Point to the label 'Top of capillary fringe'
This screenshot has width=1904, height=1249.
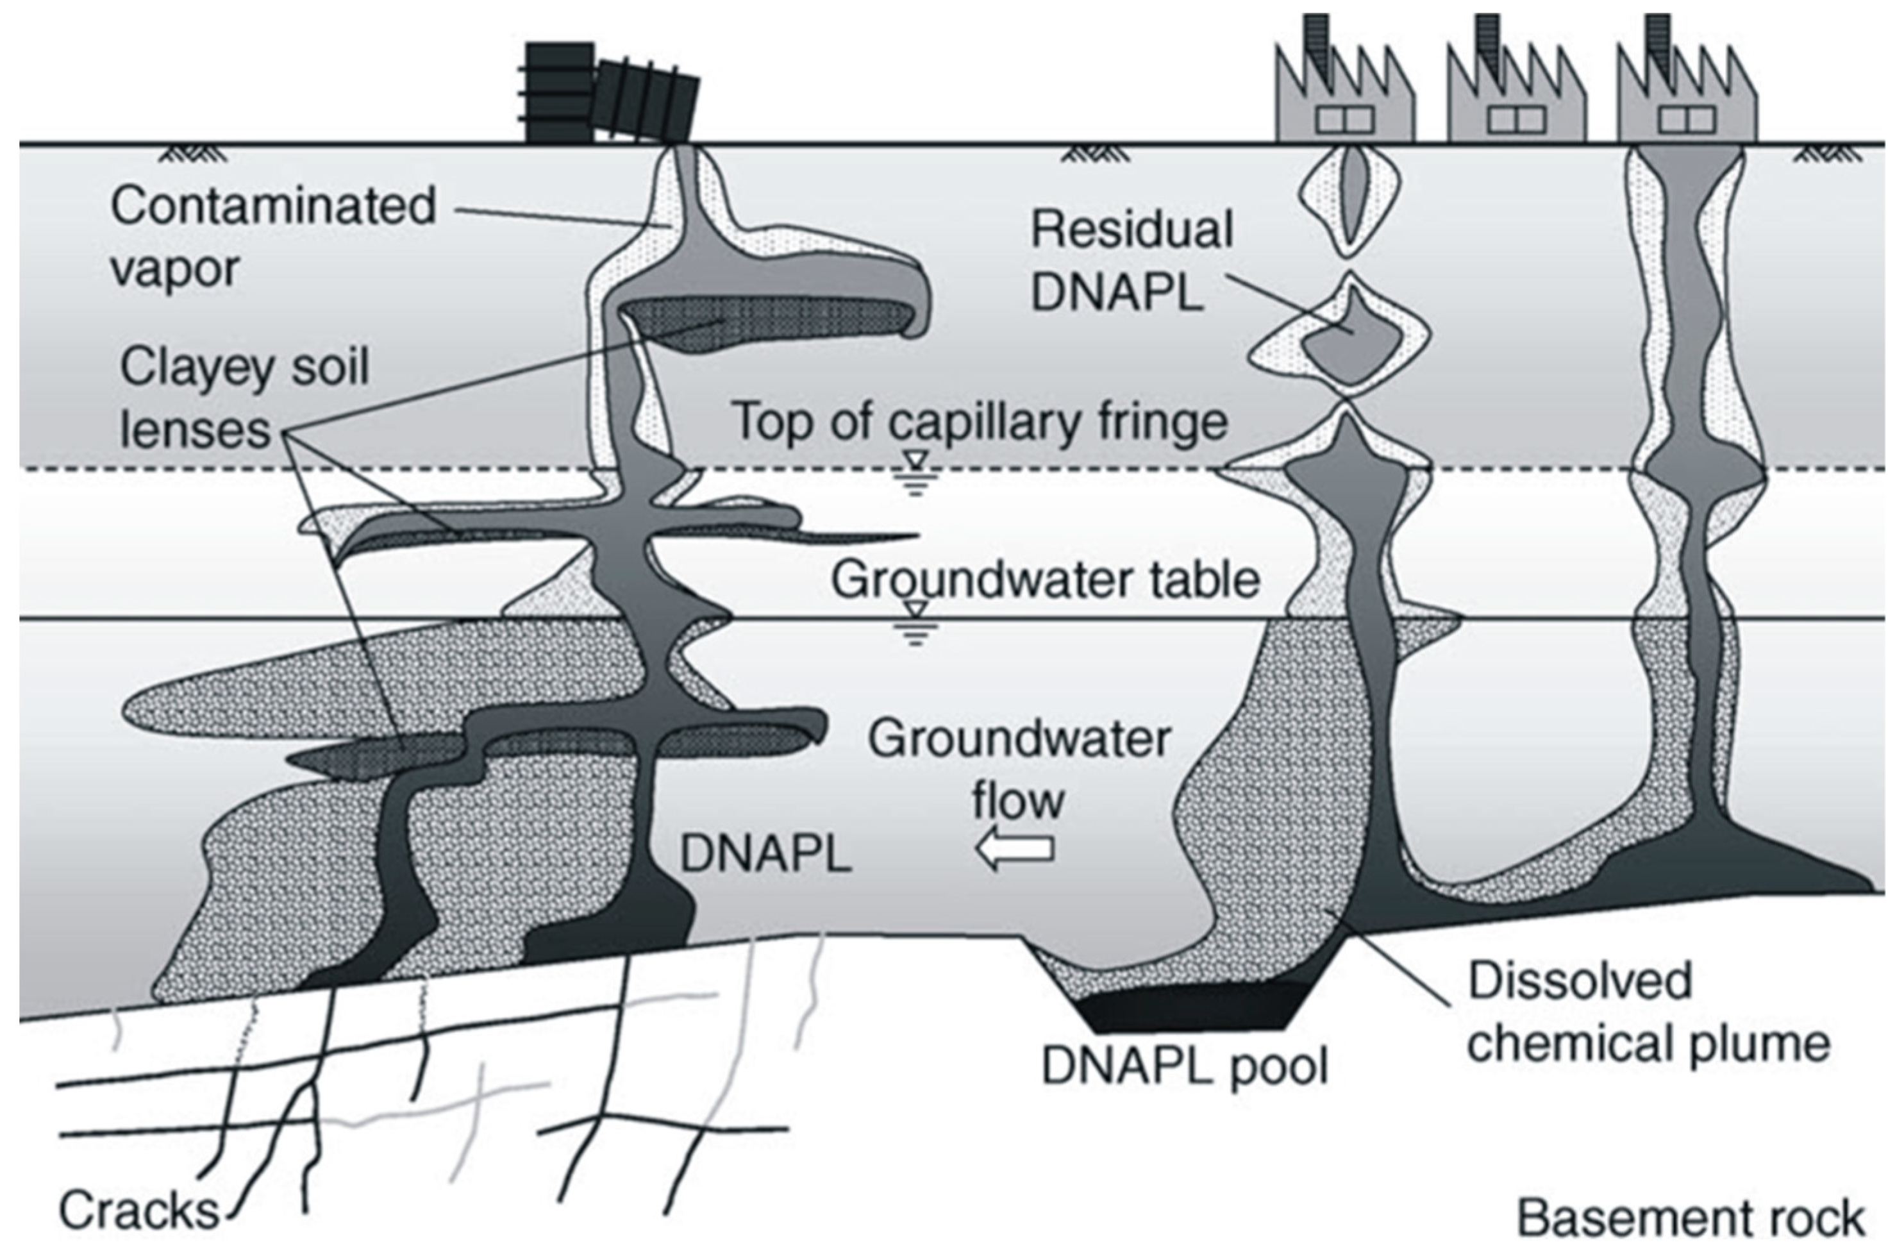[980, 422]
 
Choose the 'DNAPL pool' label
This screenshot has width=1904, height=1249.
[1183, 1066]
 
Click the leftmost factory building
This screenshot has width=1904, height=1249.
[1344, 104]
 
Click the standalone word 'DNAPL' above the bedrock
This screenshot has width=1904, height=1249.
[764, 855]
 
